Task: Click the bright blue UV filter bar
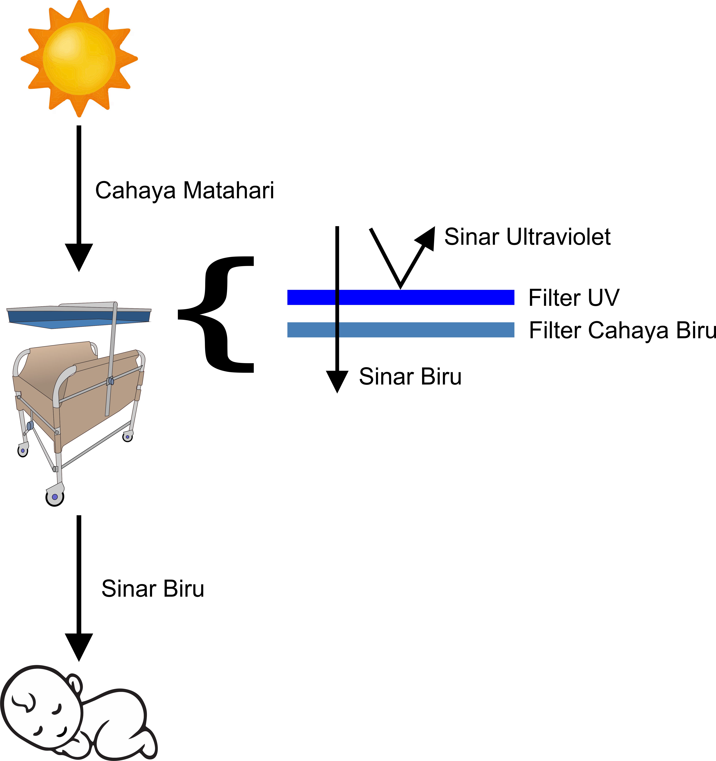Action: [401, 297]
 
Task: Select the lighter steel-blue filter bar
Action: [401, 330]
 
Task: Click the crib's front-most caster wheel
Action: [55, 497]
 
